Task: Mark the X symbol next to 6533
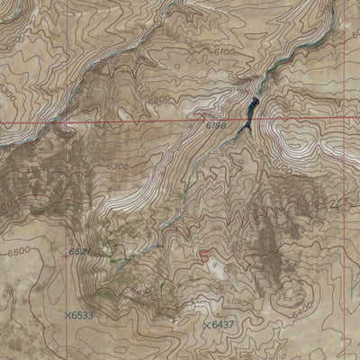69,315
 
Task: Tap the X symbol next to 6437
207,324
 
